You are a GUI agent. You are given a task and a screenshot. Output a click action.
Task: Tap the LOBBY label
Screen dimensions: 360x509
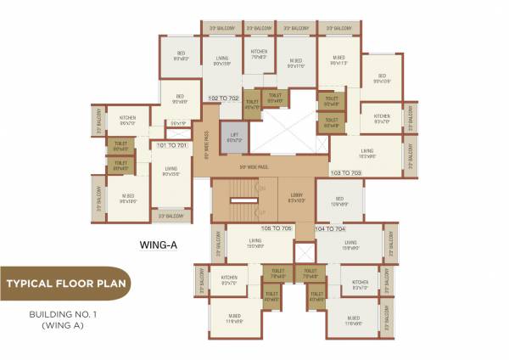[296, 197]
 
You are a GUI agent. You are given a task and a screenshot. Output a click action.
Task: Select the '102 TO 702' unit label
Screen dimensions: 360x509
[224, 98]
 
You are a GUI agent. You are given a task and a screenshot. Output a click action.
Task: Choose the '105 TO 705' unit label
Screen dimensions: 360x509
[276, 228]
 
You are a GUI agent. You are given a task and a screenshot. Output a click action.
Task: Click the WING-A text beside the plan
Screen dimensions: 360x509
[157, 247]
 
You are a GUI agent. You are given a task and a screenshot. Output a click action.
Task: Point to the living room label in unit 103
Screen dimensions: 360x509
[367, 155]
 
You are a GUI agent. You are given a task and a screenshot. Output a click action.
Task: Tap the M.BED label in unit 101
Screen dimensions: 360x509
[129, 200]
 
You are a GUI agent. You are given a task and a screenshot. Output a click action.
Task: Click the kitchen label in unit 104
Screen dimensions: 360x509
[359, 284]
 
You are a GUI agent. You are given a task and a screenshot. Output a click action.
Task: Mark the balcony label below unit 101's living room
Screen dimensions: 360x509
[172, 217]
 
